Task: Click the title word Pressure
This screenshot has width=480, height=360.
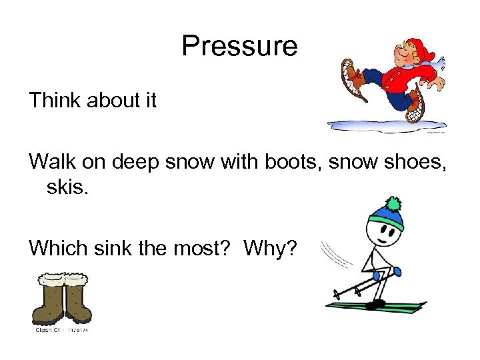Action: click(239, 47)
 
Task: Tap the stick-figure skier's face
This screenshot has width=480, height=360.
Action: click(387, 233)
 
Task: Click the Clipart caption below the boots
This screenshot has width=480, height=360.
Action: click(63, 330)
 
